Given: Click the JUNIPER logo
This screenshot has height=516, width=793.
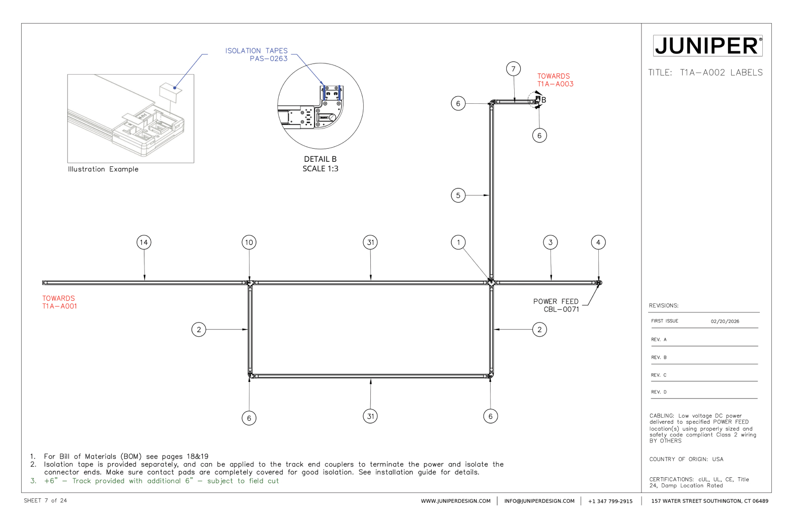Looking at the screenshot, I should coord(707,46).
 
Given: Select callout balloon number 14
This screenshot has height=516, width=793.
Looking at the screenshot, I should coord(144,242).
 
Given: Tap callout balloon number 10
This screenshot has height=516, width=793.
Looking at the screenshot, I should coord(249,242).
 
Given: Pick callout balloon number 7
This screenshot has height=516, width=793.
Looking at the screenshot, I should coord(513,69).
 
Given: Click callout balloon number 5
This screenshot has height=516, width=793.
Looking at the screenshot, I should coord(458,195).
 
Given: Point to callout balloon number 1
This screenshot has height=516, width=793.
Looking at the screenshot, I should coord(458,242).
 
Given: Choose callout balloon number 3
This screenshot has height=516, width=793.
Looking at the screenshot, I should coord(550,242).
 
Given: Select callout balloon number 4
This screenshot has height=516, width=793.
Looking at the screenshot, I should coord(598,242).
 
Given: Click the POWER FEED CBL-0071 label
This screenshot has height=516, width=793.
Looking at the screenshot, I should coord(556,305).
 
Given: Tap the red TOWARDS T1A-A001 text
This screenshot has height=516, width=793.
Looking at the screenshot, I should coord(59,302).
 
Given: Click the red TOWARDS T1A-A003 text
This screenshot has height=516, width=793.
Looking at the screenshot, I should coord(555,80).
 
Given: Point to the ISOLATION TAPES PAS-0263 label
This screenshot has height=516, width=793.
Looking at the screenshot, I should coord(257,54).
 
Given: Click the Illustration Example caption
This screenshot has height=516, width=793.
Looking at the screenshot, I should coord(103,169).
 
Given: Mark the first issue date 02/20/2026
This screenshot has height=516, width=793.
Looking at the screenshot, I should coord(725,321).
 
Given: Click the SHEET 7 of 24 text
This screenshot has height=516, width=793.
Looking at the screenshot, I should coord(45,500).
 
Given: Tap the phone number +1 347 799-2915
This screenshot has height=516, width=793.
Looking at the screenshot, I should coord(610,501).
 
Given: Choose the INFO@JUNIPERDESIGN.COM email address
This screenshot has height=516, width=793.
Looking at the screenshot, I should coord(539,501).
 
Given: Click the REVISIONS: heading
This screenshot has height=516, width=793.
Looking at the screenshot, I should coord(663,305).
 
